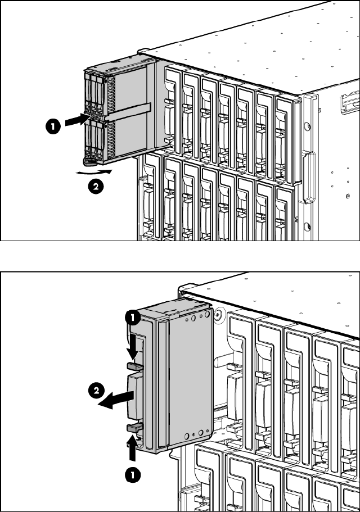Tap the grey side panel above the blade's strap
[x=130, y=84]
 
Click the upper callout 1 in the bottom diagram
[x=133, y=318]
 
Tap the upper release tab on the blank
[x=136, y=366]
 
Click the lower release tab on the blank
[x=136, y=429]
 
